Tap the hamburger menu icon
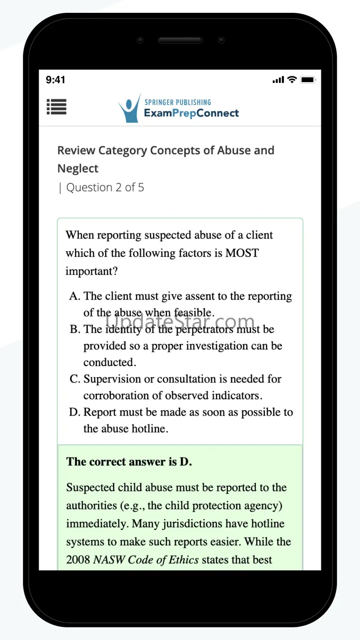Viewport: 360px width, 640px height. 57,107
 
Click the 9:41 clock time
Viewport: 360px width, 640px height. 55,80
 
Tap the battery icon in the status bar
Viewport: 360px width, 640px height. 308,80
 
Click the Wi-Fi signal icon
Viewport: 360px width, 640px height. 292,79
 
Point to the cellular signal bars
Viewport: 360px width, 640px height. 278,80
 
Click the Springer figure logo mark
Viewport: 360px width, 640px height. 129,109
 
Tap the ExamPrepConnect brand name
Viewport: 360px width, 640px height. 192,113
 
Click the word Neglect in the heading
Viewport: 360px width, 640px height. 78,169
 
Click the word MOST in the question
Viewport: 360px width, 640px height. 242,253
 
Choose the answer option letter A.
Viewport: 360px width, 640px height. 75,296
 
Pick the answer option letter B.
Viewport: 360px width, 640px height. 75,329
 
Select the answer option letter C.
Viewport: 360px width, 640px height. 75,379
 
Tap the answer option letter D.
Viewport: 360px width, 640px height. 75,413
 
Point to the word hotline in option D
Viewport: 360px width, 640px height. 146,429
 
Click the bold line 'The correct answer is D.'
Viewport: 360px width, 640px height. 129,462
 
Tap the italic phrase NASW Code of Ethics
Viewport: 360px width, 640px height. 146,560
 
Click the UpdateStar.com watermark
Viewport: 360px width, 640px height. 180,321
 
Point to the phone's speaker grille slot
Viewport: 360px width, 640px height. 180,41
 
